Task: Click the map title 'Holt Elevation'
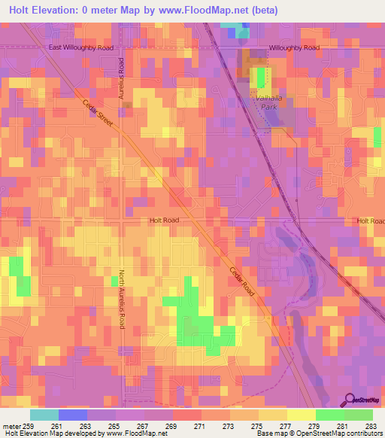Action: tap(47, 10)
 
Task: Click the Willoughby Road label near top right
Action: tap(294, 47)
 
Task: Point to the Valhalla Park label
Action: tap(264, 102)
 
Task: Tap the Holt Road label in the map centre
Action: tap(164, 221)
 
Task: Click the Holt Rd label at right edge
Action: tap(371, 221)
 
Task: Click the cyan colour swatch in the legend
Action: tap(44, 415)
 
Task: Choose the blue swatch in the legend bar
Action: tap(73, 415)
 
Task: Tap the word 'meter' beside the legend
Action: tap(11, 427)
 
